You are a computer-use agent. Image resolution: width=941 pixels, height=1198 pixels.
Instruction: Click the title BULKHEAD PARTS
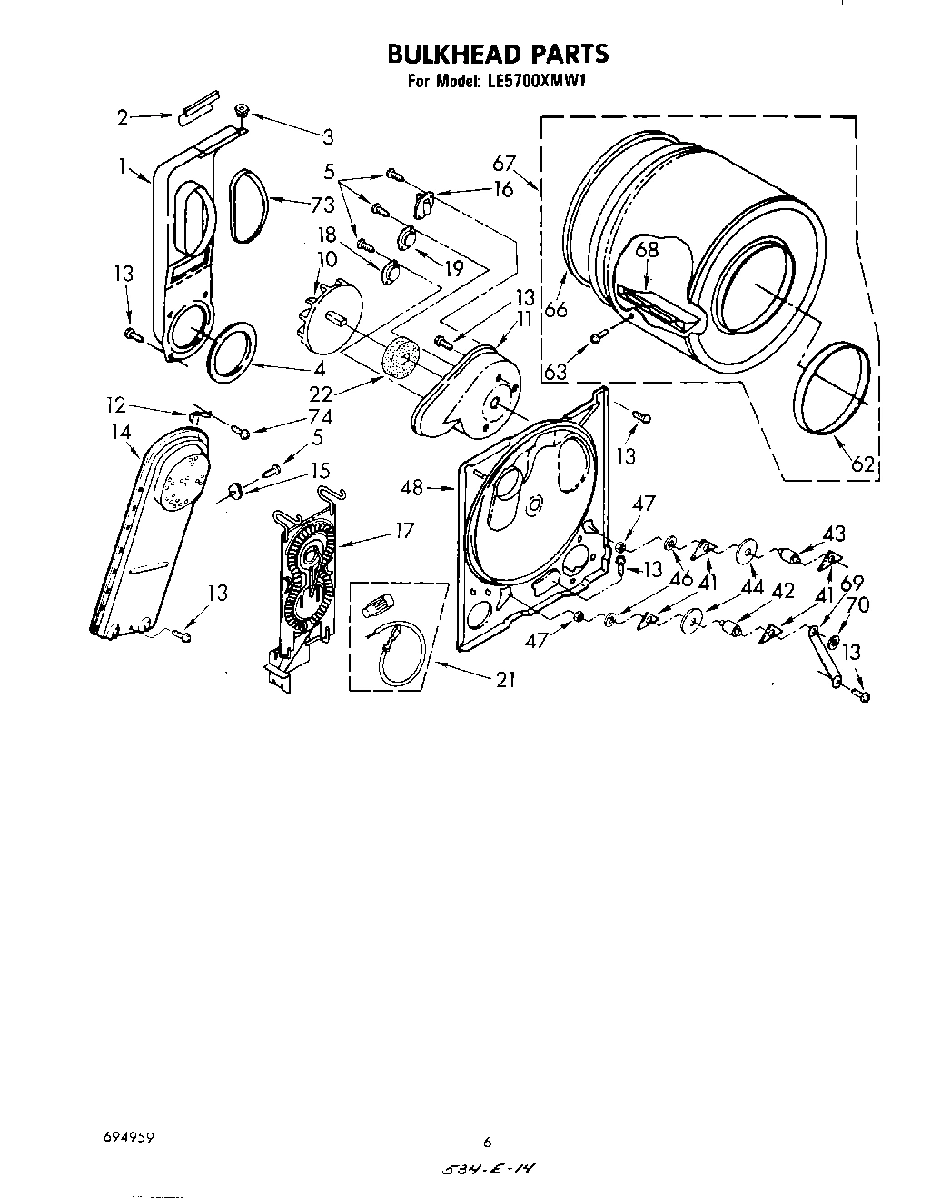tap(498, 54)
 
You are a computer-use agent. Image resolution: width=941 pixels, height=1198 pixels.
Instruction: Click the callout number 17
tap(404, 529)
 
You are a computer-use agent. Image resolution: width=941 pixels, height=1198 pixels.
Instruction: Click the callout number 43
tap(833, 534)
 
